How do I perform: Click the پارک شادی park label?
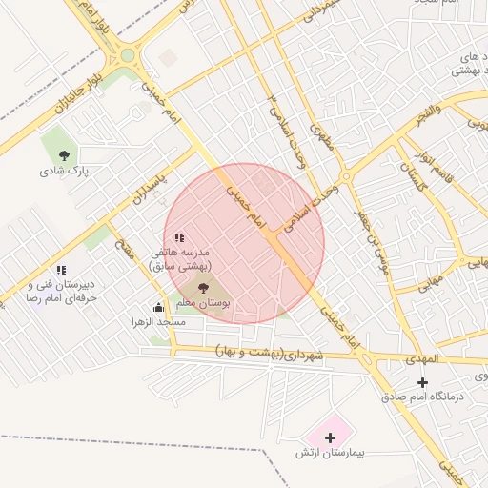point(64,172)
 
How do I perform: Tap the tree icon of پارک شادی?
point(64,154)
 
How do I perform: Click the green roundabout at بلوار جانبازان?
point(127,55)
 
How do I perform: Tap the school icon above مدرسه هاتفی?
point(179,237)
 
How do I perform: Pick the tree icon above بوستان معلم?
point(202,287)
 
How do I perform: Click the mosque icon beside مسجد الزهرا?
point(158,307)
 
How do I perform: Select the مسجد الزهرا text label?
point(159,323)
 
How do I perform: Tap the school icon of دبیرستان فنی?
point(61,271)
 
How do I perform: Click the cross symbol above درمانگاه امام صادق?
point(422,381)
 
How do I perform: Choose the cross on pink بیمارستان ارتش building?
point(330,437)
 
